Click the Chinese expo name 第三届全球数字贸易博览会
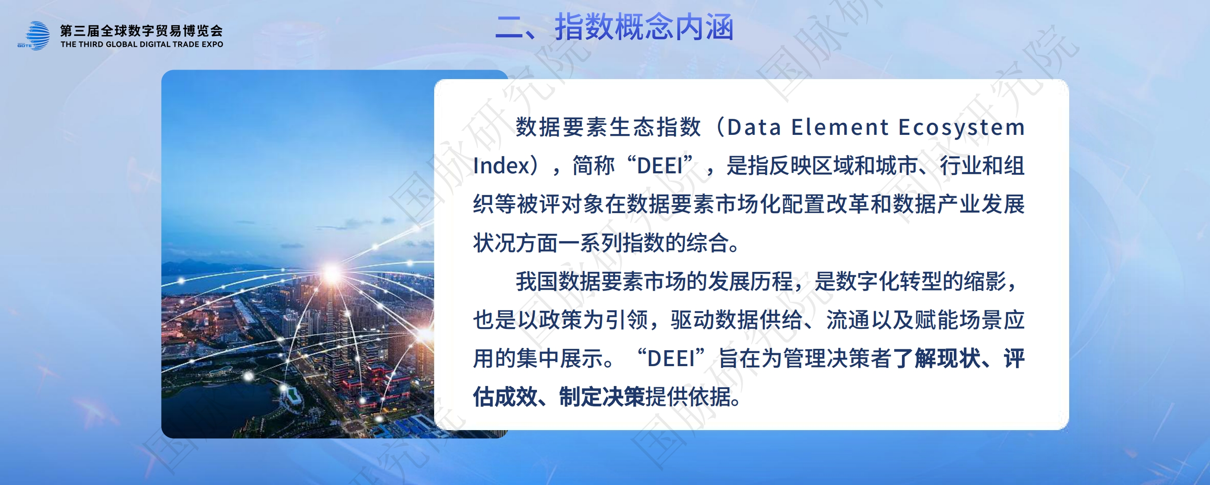click(x=141, y=31)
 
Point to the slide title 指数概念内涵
click(x=645, y=27)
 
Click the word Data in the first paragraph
click(x=754, y=128)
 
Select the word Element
click(x=840, y=128)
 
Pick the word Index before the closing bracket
click(x=501, y=166)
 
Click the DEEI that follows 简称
click(x=660, y=166)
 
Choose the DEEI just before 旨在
click(x=671, y=359)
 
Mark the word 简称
click(x=593, y=166)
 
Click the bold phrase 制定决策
click(x=602, y=397)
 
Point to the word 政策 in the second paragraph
click(x=560, y=320)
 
